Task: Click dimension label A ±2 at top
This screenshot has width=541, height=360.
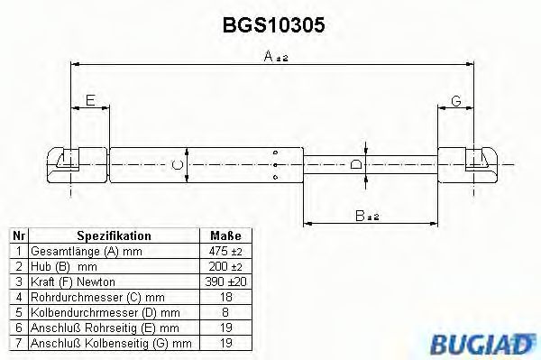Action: (274, 56)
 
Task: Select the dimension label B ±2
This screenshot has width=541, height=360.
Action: (367, 216)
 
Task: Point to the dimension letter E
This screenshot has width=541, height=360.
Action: (89, 100)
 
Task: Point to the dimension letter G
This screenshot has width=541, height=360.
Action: (455, 100)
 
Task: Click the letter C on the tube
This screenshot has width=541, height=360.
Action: (178, 164)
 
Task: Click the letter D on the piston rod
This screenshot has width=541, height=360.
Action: (357, 164)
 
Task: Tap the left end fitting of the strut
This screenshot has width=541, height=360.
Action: (69, 163)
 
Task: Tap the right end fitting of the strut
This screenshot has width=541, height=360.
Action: (477, 163)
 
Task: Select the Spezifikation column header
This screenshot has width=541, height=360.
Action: (114, 235)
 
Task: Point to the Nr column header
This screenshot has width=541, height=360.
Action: (18, 235)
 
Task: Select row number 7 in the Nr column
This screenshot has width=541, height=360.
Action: (18, 343)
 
